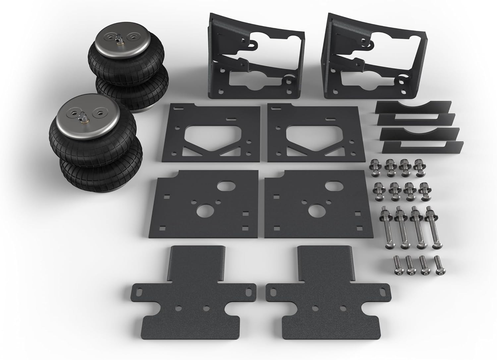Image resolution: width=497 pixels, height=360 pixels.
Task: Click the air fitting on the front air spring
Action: pyautogui.click(x=82, y=117)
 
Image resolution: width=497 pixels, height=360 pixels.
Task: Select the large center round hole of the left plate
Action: pyautogui.click(x=203, y=211)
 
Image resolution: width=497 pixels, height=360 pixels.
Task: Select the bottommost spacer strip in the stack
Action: pyautogui.click(x=422, y=147)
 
